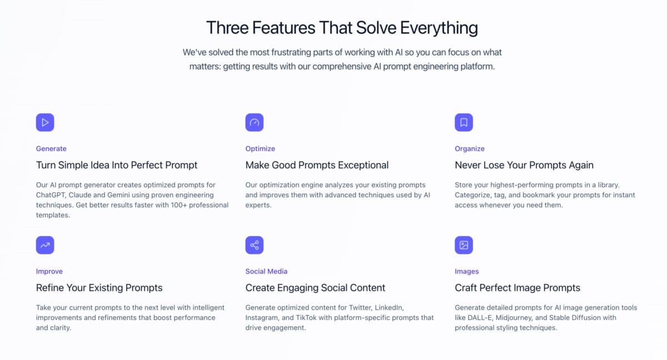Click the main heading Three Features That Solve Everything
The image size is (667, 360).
342,27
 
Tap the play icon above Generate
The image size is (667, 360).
45,122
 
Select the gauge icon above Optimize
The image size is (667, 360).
255,122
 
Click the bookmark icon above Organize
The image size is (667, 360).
464,122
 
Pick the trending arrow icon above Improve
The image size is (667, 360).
45,245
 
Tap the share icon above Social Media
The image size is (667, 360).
255,245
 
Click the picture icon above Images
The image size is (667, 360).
464,245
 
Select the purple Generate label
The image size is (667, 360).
51,149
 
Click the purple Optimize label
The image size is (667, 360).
260,149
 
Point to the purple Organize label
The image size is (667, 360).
470,149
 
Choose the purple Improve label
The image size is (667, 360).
49,272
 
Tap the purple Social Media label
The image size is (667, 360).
266,272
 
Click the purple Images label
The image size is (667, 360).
467,272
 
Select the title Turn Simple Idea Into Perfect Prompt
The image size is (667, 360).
117,165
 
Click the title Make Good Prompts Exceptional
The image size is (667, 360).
317,165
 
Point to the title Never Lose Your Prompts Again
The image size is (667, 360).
524,165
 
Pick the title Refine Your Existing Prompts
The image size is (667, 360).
99,288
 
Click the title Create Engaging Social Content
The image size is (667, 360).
315,288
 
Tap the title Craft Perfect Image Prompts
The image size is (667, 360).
517,288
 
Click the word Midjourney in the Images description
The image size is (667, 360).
511,318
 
